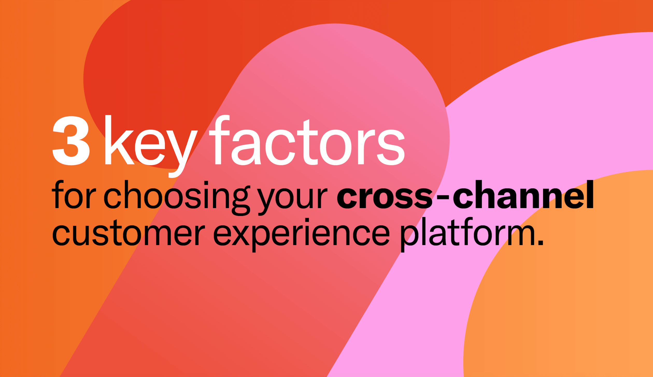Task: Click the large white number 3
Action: (x=71, y=140)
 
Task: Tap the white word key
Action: (x=151, y=146)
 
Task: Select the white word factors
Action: (x=307, y=140)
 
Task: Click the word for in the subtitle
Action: (x=74, y=194)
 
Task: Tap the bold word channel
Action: (x=523, y=194)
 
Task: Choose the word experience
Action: (x=301, y=234)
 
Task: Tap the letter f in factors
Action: (x=219, y=140)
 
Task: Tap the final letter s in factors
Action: (x=391, y=147)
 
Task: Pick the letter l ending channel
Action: (x=590, y=194)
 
